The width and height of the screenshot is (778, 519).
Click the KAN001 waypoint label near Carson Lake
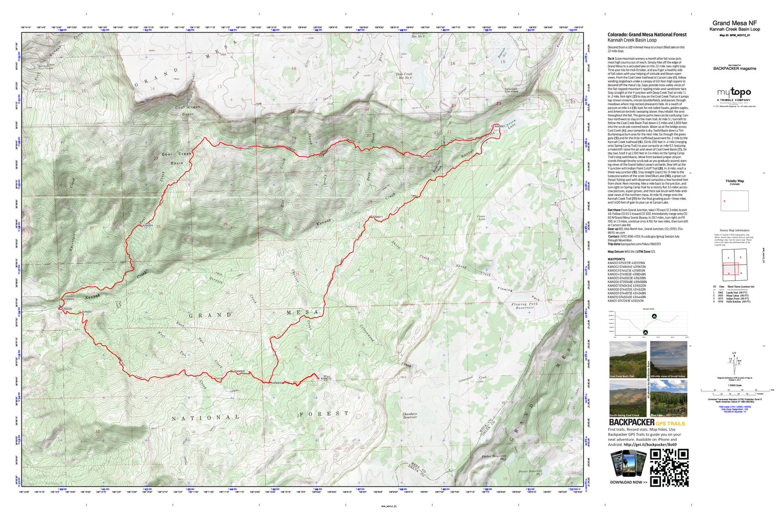tap(499, 127)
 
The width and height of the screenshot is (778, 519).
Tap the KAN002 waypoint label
tap(428, 156)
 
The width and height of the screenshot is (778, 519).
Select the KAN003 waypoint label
tap(248, 148)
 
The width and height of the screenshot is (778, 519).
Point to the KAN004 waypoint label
tap(148, 225)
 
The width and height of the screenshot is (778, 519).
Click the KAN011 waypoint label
tap(377, 217)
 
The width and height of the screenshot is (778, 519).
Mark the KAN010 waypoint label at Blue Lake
tap(326, 378)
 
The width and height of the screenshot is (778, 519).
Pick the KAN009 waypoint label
tap(276, 383)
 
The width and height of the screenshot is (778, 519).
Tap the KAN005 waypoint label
tap(69, 299)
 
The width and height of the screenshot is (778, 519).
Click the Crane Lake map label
tap(481, 218)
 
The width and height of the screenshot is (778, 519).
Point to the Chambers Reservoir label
tap(410, 416)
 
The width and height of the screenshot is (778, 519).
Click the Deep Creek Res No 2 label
tap(404, 75)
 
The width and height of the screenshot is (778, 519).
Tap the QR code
tap(669, 467)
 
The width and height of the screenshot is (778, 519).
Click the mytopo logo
tap(733, 93)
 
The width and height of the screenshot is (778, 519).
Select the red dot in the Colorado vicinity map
tap(724, 201)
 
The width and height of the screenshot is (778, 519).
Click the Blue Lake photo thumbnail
tap(668, 398)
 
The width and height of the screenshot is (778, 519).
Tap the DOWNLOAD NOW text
tap(628, 482)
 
